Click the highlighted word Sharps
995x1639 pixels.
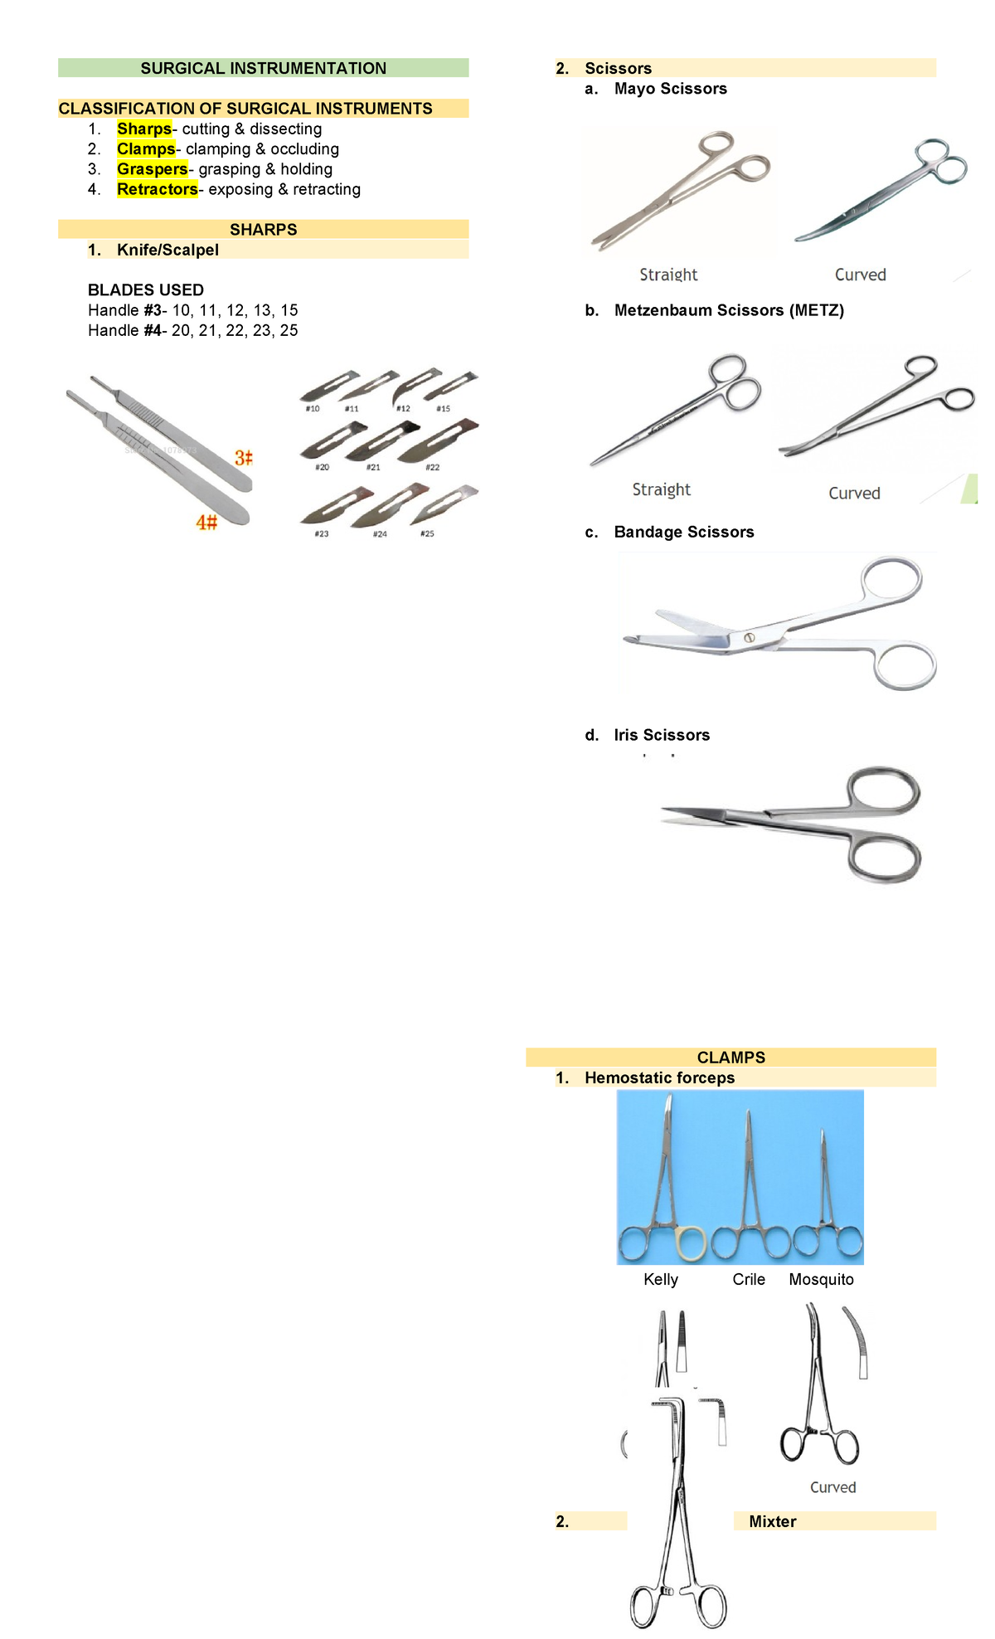(x=144, y=129)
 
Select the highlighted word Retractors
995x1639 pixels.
(x=157, y=189)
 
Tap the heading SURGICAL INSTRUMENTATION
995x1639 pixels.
(x=263, y=68)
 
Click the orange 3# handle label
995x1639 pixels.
(x=243, y=458)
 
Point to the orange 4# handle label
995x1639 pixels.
(x=206, y=523)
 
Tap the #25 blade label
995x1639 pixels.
(x=427, y=533)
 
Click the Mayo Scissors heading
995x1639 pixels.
(x=670, y=89)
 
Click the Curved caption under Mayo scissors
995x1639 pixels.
(x=860, y=275)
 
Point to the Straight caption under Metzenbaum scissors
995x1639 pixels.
(x=661, y=489)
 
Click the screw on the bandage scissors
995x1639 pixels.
(x=749, y=637)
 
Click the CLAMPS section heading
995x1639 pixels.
(x=730, y=1057)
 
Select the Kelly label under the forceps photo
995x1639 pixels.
(x=661, y=1279)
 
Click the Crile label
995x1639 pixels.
(x=749, y=1279)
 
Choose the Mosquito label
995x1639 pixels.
(x=821, y=1279)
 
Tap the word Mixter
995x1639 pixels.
(x=772, y=1521)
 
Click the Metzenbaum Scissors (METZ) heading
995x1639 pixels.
(x=729, y=310)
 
